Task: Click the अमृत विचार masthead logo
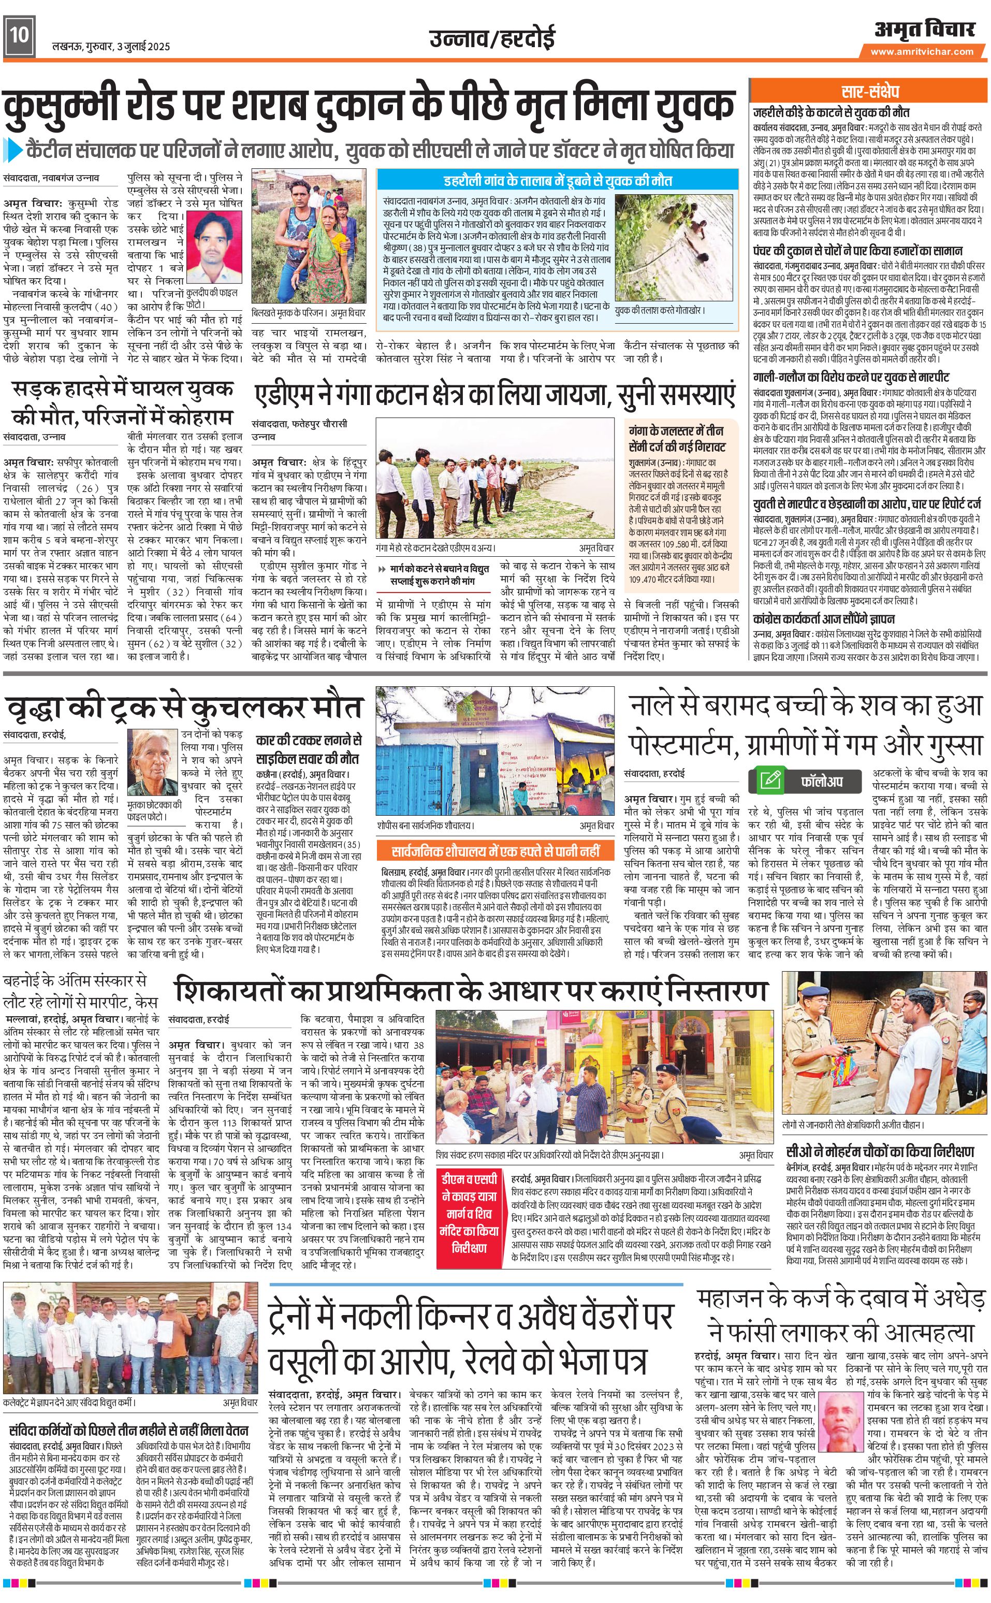(x=924, y=30)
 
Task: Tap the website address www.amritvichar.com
(x=922, y=52)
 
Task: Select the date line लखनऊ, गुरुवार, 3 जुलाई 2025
(x=111, y=47)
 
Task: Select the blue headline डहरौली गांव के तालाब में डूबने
(x=558, y=180)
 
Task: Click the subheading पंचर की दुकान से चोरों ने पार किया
(x=857, y=251)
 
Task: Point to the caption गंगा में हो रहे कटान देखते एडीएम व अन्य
(x=436, y=547)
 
